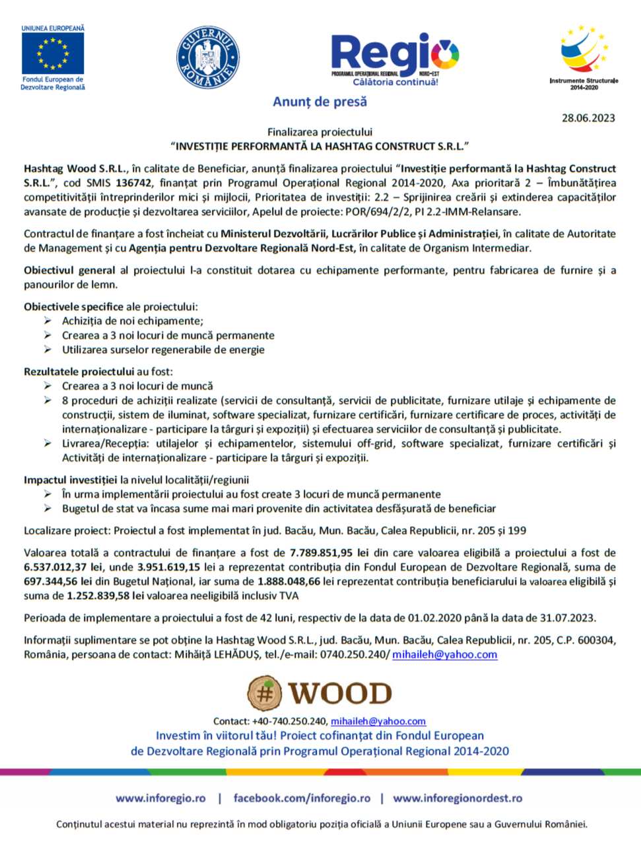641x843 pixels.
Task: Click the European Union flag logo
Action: point(52,53)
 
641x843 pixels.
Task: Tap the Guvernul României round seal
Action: point(207,57)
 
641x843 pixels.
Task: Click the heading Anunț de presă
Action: point(320,102)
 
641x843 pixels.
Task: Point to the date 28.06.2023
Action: point(588,118)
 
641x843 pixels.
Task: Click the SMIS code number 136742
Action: point(134,183)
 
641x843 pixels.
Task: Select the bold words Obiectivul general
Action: point(69,270)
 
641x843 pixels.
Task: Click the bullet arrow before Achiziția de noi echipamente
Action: point(48,320)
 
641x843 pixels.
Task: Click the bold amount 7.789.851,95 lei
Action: point(329,553)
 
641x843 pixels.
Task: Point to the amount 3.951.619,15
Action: point(168,567)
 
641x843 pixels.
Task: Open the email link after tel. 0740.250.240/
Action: point(444,654)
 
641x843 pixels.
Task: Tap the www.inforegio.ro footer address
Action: point(160,798)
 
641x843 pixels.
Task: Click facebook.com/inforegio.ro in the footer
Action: point(302,798)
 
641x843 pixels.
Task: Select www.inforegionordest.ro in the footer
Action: point(457,798)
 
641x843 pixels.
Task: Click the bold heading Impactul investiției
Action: point(71,480)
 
